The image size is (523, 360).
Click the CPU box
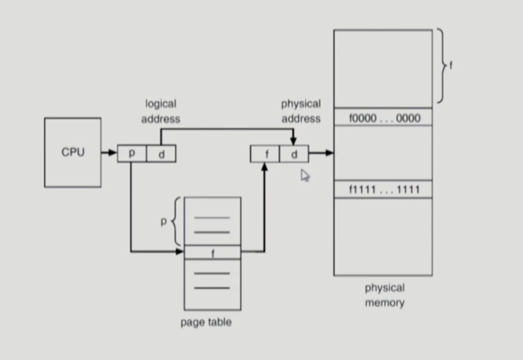[73, 152]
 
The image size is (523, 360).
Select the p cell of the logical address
[132, 153]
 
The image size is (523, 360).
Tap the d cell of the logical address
[161, 153]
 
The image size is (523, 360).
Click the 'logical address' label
[161, 111]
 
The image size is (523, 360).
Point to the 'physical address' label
[301, 111]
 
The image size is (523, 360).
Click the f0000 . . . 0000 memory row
[383, 118]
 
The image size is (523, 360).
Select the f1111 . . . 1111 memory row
[383, 190]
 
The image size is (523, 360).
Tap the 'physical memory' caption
[384, 295]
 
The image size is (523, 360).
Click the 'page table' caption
[206, 322]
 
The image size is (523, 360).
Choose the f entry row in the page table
[212, 252]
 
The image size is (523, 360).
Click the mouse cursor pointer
[305, 175]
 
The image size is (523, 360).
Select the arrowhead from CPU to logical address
[113, 153]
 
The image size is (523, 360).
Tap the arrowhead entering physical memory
[329, 153]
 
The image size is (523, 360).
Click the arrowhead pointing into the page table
[179, 251]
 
